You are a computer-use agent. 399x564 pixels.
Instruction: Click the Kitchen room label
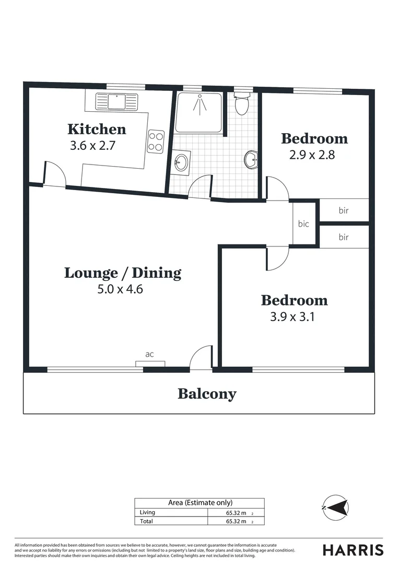point(97,129)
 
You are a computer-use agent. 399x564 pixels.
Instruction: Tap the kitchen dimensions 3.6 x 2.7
point(92,146)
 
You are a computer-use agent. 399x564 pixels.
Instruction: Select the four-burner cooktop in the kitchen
point(156,141)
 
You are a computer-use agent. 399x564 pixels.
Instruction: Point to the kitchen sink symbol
point(116,101)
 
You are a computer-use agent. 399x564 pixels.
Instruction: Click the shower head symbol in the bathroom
point(199,104)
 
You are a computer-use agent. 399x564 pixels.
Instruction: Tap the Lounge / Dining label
point(123,273)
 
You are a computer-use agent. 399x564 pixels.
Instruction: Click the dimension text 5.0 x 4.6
point(120,289)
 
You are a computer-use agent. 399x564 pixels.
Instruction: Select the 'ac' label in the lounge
point(149,355)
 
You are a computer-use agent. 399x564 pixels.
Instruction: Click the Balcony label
point(207,394)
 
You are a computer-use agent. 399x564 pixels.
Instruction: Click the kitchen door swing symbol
point(55,174)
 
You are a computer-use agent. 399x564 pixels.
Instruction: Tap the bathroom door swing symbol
point(200,187)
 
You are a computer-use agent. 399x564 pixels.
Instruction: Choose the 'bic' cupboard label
point(303,224)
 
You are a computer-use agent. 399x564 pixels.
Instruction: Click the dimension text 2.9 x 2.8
point(312,155)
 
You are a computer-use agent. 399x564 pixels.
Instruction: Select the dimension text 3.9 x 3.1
point(292,316)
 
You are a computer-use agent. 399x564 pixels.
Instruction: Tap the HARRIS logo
point(353,550)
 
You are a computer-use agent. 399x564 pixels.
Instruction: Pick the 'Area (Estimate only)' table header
point(199,503)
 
